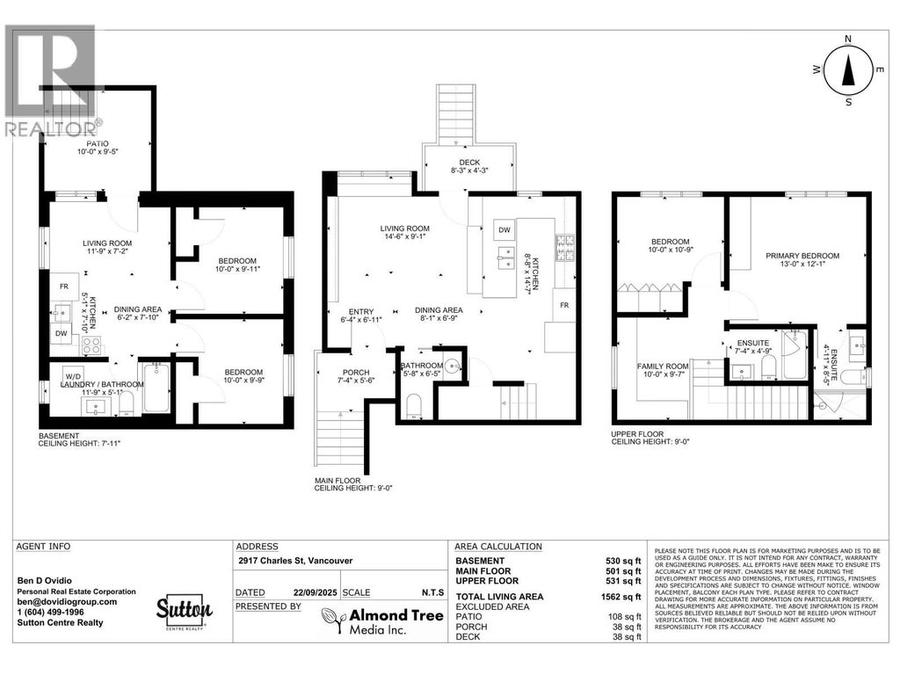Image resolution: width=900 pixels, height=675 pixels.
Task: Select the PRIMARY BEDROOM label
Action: [802, 256]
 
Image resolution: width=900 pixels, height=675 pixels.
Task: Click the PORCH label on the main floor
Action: [356, 373]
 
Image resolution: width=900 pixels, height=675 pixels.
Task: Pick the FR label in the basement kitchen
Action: [63, 287]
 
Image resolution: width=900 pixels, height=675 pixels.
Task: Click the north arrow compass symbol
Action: [848, 71]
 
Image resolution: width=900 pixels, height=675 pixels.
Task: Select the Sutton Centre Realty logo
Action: [184, 611]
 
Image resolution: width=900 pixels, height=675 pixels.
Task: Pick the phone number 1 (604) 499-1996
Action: [54, 613]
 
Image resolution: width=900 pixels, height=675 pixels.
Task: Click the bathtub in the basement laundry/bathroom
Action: [154, 389]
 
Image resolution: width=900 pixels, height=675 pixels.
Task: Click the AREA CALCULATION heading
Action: [498, 546]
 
